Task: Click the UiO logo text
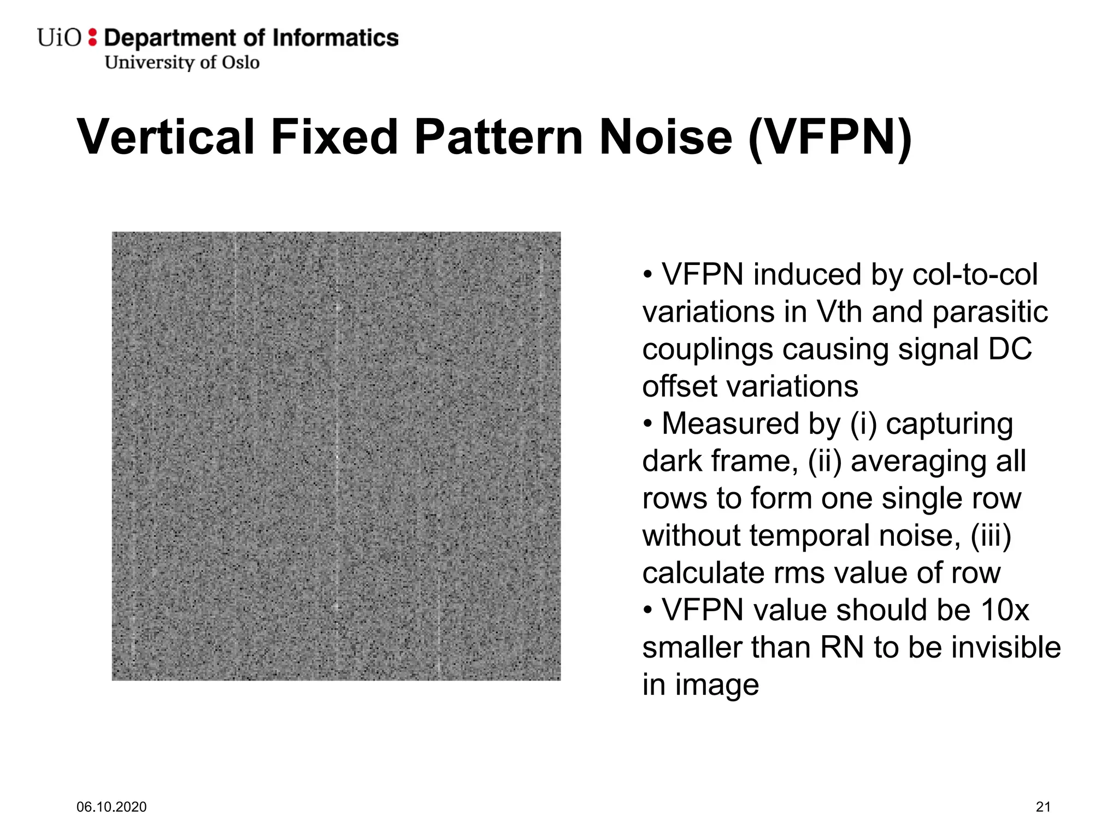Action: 59,38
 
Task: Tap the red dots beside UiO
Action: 92,38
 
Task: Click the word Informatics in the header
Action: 335,38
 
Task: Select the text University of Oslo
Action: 182,62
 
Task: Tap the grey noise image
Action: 336,456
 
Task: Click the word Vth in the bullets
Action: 839,312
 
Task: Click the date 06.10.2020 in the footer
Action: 111,807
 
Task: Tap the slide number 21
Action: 1043,807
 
